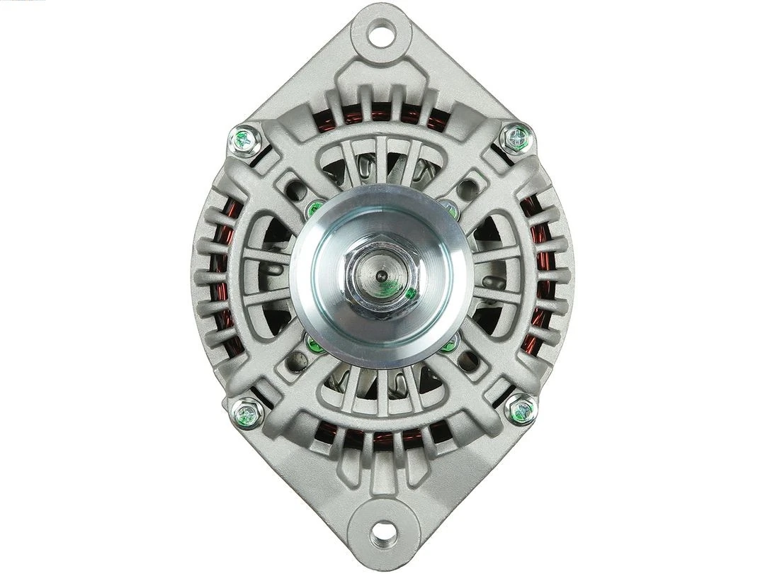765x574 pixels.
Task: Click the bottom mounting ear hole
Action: [x=382, y=530]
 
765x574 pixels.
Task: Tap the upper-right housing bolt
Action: [x=516, y=138]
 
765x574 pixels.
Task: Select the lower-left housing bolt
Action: [x=248, y=412]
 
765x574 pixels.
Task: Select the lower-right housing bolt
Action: [x=521, y=410]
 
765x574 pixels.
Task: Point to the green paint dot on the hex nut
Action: [x=410, y=293]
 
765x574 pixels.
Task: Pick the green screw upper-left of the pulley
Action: [x=314, y=208]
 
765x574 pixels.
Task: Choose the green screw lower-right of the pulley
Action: [x=449, y=344]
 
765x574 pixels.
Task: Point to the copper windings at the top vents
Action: [x=382, y=113]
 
